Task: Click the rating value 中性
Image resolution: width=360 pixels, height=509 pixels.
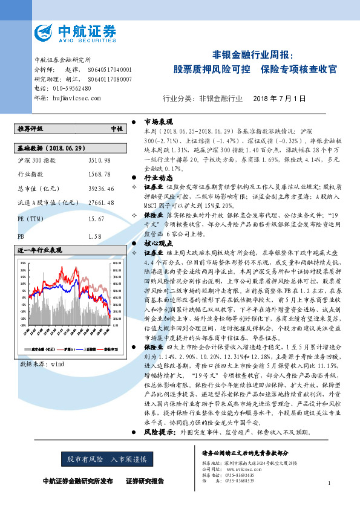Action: pyautogui.click(x=116, y=129)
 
